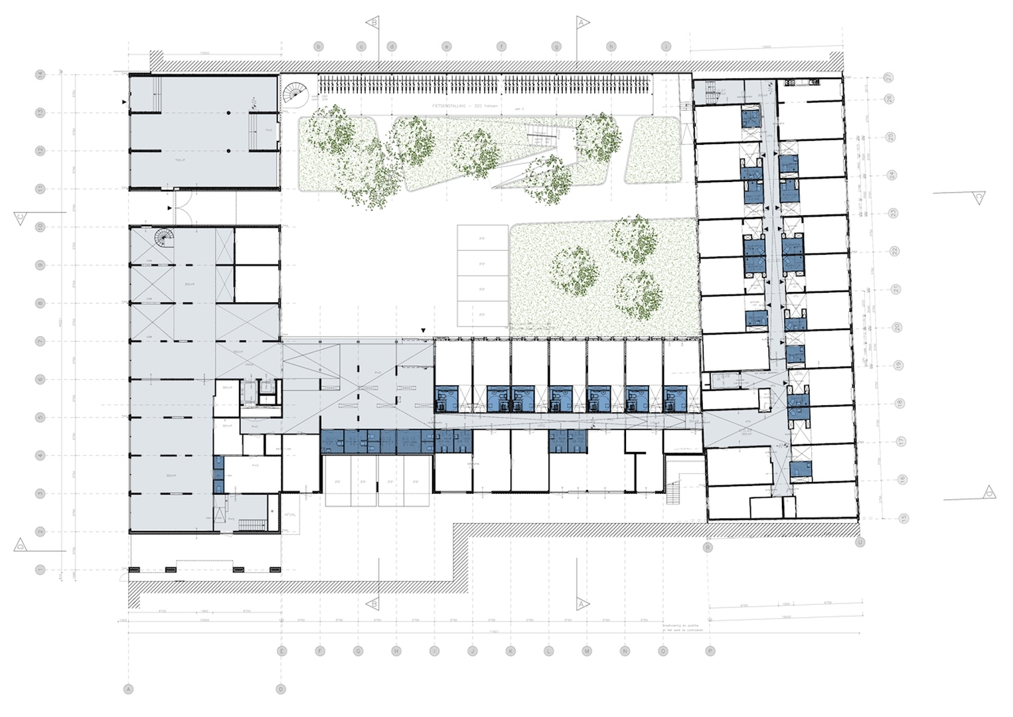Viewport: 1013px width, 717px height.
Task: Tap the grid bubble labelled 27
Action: tap(889, 78)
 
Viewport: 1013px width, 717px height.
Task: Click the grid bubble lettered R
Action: tap(708, 548)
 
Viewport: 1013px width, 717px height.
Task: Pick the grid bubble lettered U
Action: tap(861, 542)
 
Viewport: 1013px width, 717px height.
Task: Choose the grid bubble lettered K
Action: tap(510, 651)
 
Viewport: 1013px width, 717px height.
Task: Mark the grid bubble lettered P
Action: tap(710, 651)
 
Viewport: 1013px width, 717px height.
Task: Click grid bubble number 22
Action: tap(894, 251)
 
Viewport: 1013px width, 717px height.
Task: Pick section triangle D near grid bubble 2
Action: tap(20, 544)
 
